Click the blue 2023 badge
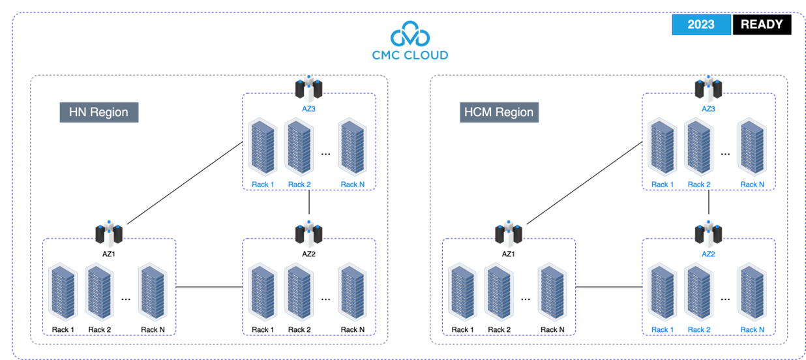click(x=701, y=25)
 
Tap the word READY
click(x=762, y=25)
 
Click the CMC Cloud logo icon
click(x=410, y=35)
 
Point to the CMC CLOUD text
click(x=410, y=55)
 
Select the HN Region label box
click(x=99, y=112)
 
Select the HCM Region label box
click(x=499, y=112)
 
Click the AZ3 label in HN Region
click(x=308, y=109)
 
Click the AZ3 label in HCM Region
click(x=708, y=109)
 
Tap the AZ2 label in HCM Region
click(x=708, y=254)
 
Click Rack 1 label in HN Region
click(x=263, y=185)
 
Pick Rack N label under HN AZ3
click(x=353, y=185)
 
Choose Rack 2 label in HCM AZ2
click(x=699, y=329)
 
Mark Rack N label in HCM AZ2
click(x=753, y=329)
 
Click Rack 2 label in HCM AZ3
click(x=699, y=185)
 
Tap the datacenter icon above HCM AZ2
click(x=708, y=234)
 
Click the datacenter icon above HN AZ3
click(x=308, y=88)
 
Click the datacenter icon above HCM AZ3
click(x=708, y=88)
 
